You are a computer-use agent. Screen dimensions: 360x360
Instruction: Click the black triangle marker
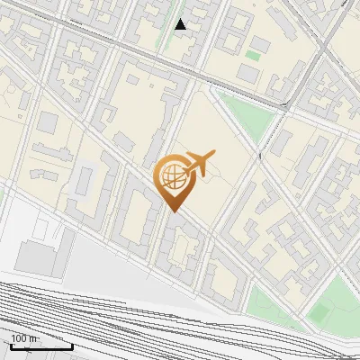[181, 24]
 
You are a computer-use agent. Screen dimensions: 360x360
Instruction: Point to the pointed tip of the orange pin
[173, 211]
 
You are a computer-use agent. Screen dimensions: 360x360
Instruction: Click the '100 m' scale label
[25, 339]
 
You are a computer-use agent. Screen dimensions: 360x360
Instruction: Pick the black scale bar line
[40, 346]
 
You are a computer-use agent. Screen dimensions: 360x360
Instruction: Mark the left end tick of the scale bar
[10, 345]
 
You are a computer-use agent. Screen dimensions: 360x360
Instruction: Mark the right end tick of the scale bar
[72, 345]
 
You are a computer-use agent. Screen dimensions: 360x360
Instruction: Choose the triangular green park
[243, 113]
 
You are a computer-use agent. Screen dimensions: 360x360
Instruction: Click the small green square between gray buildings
[254, 56]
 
